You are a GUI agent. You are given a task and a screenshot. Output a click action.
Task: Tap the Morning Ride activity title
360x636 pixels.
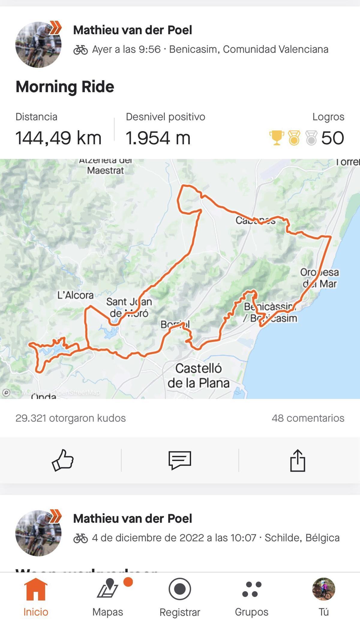point(65,87)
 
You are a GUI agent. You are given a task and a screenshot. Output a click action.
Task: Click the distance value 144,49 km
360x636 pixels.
point(58,138)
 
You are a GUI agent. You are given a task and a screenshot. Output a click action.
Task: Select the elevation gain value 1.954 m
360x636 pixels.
point(158,138)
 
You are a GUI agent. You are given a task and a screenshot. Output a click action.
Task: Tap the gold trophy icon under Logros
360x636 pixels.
point(276,138)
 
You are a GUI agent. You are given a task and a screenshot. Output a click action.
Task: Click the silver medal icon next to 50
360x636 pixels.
point(311,138)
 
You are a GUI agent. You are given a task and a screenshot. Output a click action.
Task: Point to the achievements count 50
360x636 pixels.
point(332,138)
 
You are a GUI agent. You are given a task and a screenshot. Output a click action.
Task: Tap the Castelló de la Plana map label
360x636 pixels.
point(198,375)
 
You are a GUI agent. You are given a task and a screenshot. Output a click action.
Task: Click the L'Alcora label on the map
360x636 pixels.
point(75,295)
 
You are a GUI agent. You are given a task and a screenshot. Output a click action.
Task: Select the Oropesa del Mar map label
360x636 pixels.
point(319,278)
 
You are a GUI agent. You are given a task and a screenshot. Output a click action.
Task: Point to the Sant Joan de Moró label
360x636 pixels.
point(129,307)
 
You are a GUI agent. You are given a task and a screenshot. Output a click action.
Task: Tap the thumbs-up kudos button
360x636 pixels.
point(62,460)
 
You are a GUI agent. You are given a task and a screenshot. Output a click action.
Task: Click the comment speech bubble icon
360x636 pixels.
point(180,460)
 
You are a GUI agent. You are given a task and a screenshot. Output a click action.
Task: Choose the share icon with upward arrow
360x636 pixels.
point(298,460)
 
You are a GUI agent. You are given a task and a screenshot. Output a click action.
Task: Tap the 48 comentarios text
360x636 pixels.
point(308,418)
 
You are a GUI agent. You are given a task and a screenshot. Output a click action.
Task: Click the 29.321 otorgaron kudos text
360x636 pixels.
point(70,418)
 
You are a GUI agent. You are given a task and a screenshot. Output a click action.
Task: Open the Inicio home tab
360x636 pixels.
point(36,597)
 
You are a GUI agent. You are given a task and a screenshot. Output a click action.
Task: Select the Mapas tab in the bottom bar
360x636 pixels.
point(108,597)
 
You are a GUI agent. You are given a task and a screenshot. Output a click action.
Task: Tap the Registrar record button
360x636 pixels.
point(180,597)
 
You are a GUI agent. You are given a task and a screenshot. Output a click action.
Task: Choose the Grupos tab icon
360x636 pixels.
point(252,597)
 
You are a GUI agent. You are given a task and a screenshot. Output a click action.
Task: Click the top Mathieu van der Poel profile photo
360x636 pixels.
point(38,44)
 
